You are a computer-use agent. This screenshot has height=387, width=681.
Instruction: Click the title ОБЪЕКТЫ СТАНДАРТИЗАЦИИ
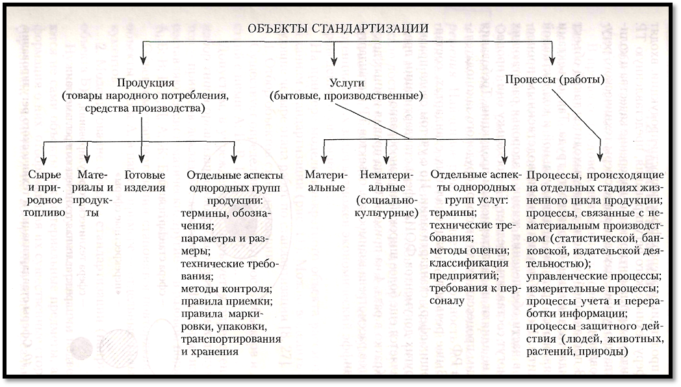point(337,28)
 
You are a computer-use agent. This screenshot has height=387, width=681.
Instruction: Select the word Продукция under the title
point(145,83)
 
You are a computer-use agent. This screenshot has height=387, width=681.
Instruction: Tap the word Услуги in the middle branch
point(346,83)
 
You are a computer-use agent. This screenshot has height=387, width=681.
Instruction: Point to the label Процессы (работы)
point(555,80)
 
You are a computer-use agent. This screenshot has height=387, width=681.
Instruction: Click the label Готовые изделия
point(145,181)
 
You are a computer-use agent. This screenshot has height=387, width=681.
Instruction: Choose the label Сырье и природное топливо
point(45,193)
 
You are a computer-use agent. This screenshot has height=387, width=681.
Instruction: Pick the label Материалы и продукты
point(95,193)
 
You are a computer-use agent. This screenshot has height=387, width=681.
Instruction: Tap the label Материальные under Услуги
point(326,181)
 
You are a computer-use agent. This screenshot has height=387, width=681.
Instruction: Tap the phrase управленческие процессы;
point(595,276)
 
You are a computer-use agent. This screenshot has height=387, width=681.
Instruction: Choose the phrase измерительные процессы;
point(593,288)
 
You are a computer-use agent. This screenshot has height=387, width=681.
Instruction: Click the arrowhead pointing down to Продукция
point(144,62)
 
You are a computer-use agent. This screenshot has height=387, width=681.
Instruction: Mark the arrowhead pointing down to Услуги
point(334,62)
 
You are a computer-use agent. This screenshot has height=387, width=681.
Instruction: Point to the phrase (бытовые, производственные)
point(346,96)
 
